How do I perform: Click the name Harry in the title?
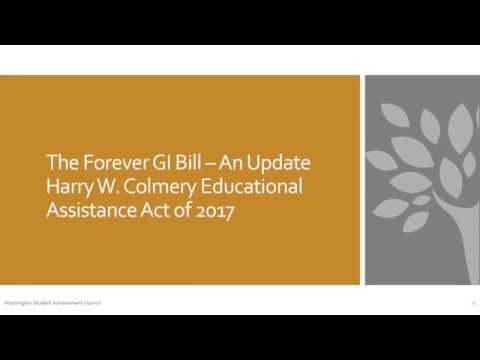click(71, 187)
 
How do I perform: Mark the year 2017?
click(216, 212)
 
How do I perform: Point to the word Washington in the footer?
click(17, 301)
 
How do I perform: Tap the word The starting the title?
click(62, 162)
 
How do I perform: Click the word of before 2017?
click(187, 212)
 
